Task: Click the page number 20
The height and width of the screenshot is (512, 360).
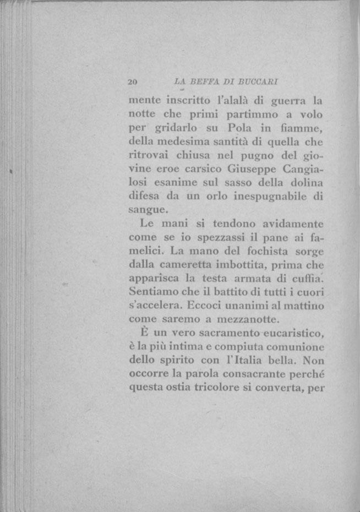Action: [x=132, y=82]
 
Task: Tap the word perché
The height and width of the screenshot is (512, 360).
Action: [x=304, y=374]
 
